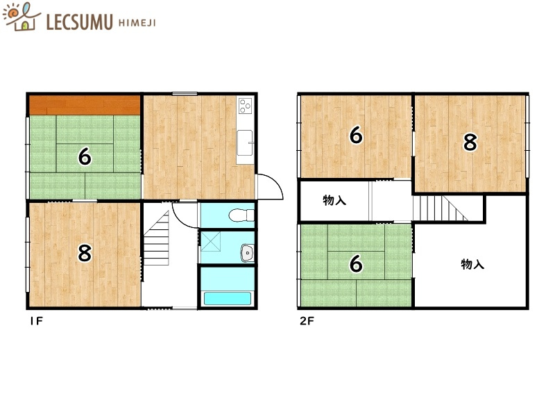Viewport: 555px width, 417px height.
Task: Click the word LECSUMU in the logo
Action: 79,22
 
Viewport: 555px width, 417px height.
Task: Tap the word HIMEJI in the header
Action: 137,23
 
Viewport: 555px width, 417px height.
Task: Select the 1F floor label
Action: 36,321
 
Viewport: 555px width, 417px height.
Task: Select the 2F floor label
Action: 307,321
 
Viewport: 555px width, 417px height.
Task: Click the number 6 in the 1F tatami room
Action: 85,156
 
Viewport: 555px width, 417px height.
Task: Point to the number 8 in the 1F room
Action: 85,253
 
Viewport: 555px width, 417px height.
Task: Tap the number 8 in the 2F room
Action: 470,142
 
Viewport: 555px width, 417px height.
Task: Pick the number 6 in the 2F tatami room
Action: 356,264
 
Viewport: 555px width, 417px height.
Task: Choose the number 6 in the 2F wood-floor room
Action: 356,135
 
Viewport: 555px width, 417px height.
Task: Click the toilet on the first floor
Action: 241,215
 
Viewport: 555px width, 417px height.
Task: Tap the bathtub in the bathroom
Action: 228,299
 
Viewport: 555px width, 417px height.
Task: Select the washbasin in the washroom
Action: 247,253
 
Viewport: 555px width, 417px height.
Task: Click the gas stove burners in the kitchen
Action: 245,106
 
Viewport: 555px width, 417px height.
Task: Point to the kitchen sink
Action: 245,142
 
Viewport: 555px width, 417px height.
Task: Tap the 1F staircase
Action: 156,238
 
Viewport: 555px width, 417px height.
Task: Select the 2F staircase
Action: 440,208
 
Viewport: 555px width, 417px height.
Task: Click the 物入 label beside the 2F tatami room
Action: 472,264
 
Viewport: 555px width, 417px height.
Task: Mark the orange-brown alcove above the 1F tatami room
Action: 85,106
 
